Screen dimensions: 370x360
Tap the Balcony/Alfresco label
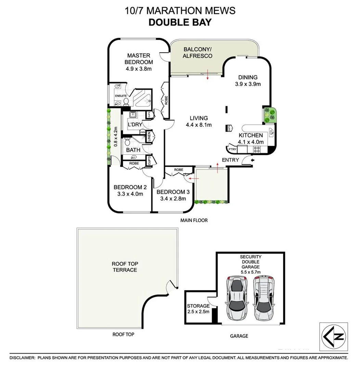point(197,52)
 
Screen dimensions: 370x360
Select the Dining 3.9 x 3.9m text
point(248,81)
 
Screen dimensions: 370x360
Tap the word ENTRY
point(230,160)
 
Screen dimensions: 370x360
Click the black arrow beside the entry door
point(253,160)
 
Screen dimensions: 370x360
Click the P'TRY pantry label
point(232,149)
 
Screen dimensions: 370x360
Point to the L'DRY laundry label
point(134,124)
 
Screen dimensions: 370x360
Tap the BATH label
point(133,150)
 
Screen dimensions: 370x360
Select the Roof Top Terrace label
point(124,267)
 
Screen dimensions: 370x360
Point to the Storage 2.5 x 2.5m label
point(198,308)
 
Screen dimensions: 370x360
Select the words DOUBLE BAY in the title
point(180,22)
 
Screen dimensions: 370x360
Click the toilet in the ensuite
point(126,101)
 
